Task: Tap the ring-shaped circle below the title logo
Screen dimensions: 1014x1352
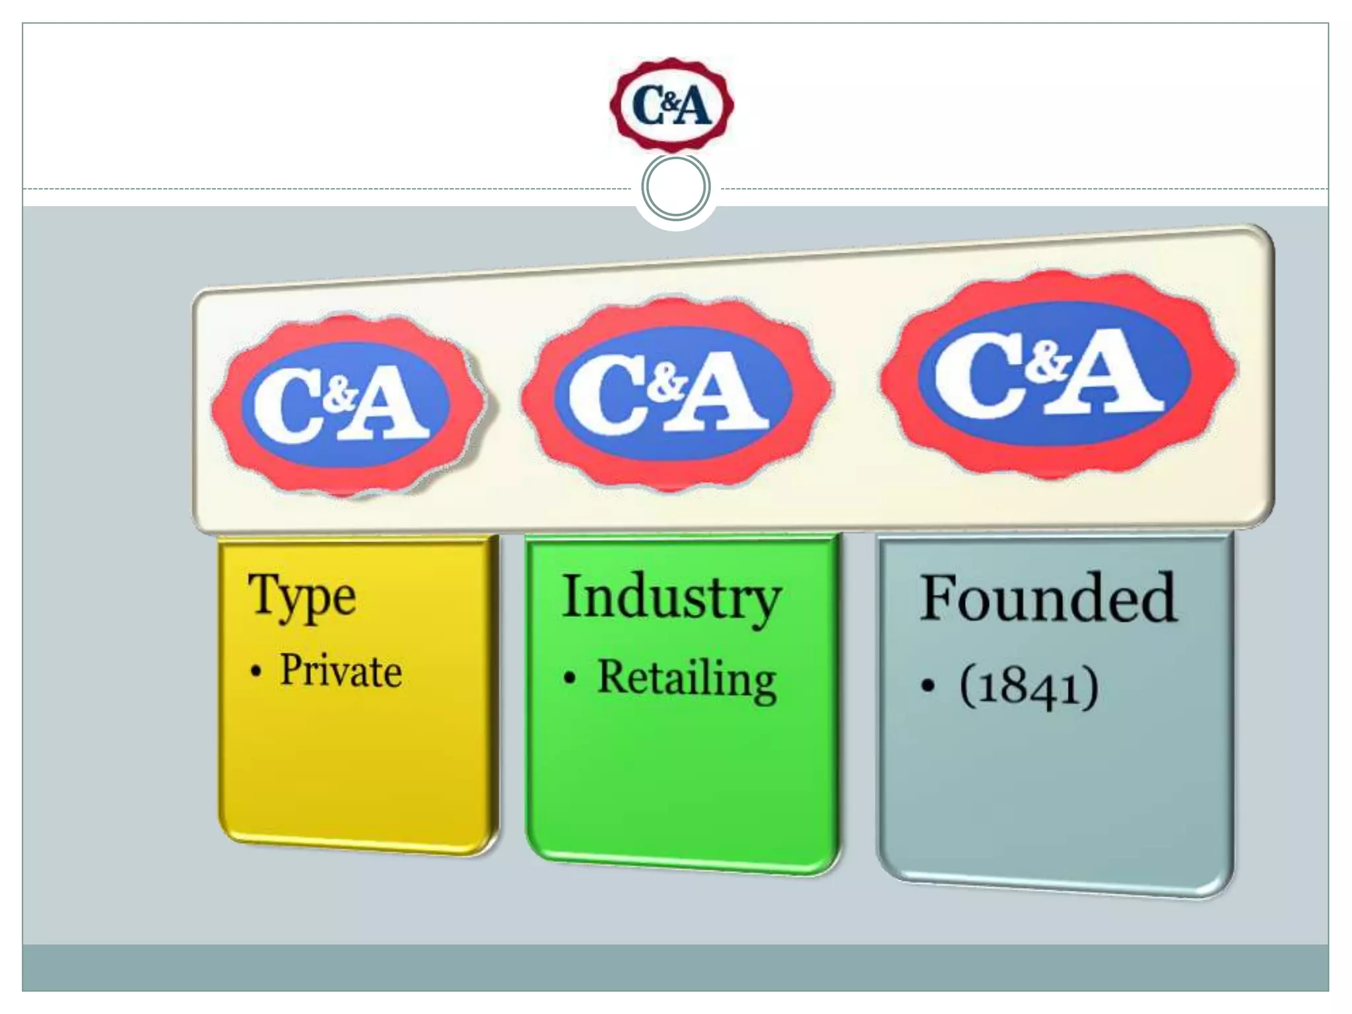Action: [x=675, y=187]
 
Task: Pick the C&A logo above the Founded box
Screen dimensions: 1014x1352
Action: [x=1058, y=374]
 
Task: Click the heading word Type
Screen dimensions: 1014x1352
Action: [x=302, y=596]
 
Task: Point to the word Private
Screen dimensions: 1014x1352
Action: [x=341, y=671]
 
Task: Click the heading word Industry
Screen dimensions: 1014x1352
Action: [x=671, y=597]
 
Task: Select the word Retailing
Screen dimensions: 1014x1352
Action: [x=687, y=679]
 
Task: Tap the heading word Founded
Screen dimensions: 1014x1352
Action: [x=1048, y=598]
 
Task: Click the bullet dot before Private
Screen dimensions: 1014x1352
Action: [x=256, y=673]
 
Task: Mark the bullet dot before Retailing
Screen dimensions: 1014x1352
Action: [x=570, y=679]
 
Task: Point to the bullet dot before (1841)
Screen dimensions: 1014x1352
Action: [x=928, y=687]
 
